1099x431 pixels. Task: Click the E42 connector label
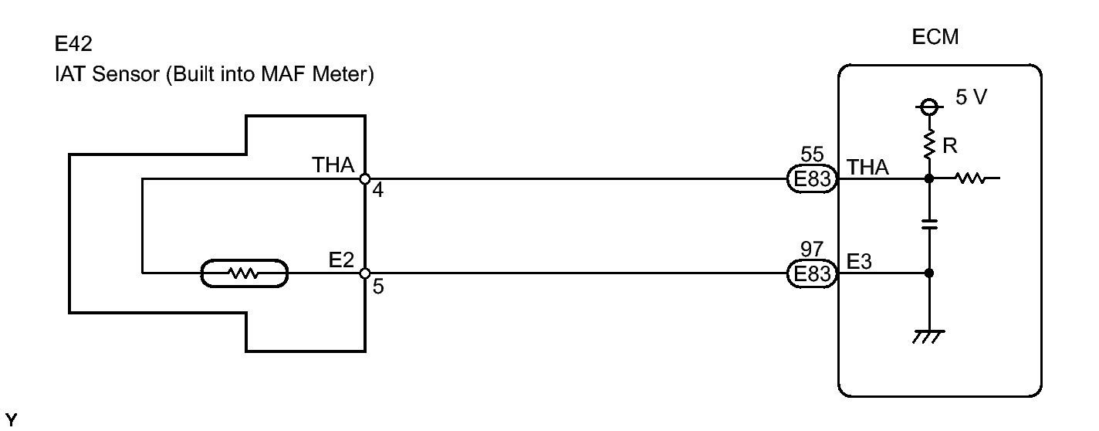tap(73, 44)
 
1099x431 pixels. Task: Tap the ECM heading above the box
tap(935, 37)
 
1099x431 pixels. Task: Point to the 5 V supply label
tap(971, 97)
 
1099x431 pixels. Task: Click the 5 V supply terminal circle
tap(928, 107)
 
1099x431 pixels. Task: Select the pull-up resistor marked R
tap(928, 144)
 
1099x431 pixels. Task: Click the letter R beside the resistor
tap(950, 145)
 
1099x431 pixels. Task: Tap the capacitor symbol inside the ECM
tap(929, 224)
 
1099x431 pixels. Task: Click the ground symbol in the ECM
tap(928, 337)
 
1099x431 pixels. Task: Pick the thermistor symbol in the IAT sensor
tap(245, 273)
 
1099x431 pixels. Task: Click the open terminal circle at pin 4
tap(365, 179)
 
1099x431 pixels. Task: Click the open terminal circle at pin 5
tap(365, 273)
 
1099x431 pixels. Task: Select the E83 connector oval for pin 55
tap(813, 178)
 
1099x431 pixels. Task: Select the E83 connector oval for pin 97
tap(813, 273)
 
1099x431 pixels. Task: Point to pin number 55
tap(812, 154)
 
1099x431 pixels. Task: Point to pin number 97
tap(812, 249)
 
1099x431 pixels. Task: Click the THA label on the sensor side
tap(333, 165)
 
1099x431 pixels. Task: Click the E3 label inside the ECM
tap(859, 262)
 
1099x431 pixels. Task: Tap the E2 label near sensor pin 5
tap(341, 260)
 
